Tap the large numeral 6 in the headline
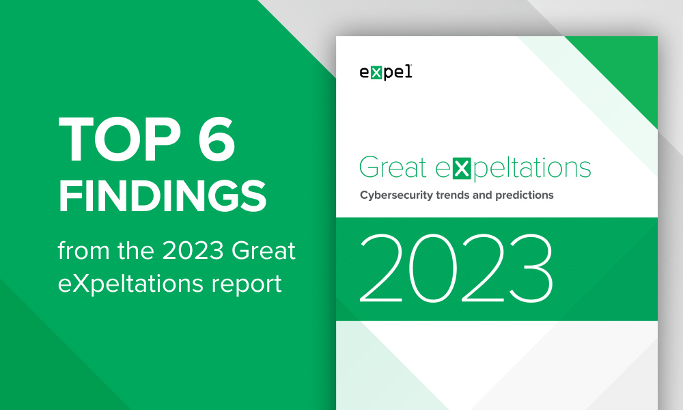pos(217,139)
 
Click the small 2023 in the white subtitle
pos(193,251)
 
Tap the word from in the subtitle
pos(83,251)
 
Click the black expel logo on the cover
pos(386,72)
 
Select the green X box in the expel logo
pos(376,73)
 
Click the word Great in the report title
pos(393,167)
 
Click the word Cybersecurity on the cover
pos(395,195)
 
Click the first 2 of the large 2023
pos(381,268)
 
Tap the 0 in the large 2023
pos(433,268)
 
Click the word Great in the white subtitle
pos(264,251)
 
